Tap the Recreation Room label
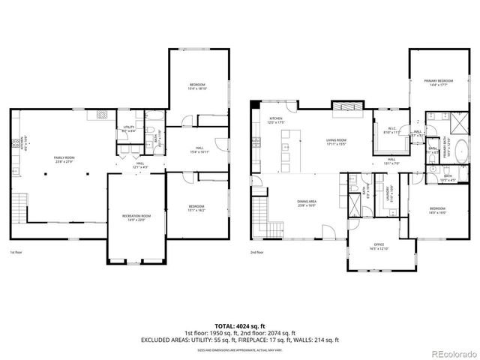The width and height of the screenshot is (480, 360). pyautogui.click(x=136, y=215)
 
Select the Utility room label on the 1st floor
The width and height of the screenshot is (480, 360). pyautogui.click(x=129, y=127)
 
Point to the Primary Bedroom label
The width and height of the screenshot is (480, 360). pyautogui.click(x=439, y=80)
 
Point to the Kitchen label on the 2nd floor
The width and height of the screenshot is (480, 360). pyautogui.click(x=276, y=118)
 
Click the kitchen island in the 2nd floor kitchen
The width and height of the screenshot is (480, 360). pyautogui.click(x=286, y=150)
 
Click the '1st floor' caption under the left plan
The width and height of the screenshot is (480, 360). pyautogui.click(x=17, y=253)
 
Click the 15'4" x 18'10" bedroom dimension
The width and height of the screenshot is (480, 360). pyautogui.click(x=197, y=88)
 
